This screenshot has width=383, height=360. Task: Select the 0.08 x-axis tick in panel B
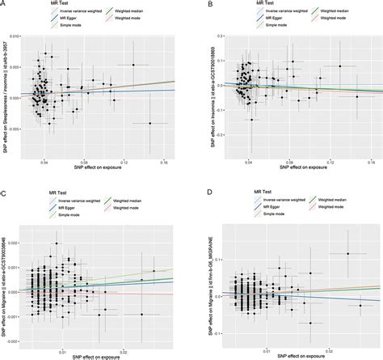290,163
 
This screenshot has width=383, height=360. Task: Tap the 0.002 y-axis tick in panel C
20,242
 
